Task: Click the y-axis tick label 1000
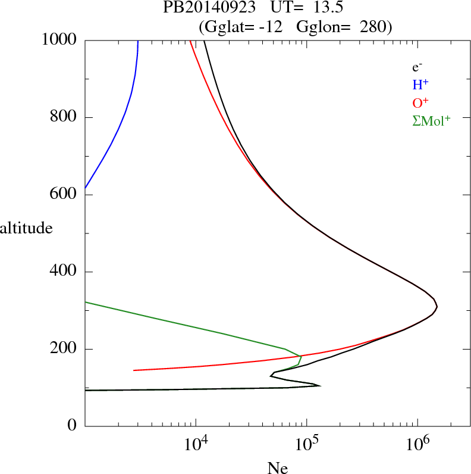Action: click(x=60, y=40)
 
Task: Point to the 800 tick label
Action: click(x=65, y=117)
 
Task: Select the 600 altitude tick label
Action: click(x=65, y=195)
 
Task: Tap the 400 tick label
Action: click(x=65, y=272)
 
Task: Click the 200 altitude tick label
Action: click(x=65, y=349)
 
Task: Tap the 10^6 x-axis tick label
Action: click(x=417, y=444)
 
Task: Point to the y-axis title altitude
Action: click(x=26, y=227)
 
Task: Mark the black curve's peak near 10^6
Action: click(x=437, y=307)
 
